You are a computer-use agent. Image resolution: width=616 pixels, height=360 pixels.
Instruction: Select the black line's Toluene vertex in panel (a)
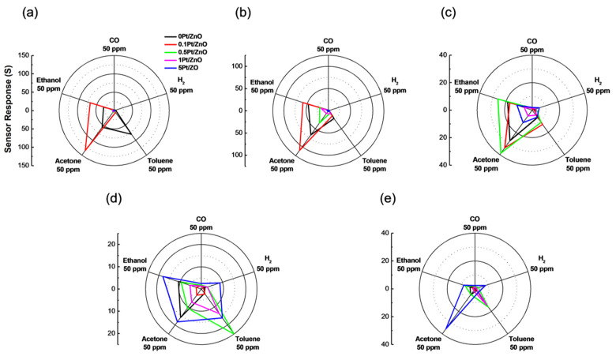click(131, 135)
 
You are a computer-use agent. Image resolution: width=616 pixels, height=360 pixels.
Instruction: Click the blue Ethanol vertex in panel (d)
click(162, 276)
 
